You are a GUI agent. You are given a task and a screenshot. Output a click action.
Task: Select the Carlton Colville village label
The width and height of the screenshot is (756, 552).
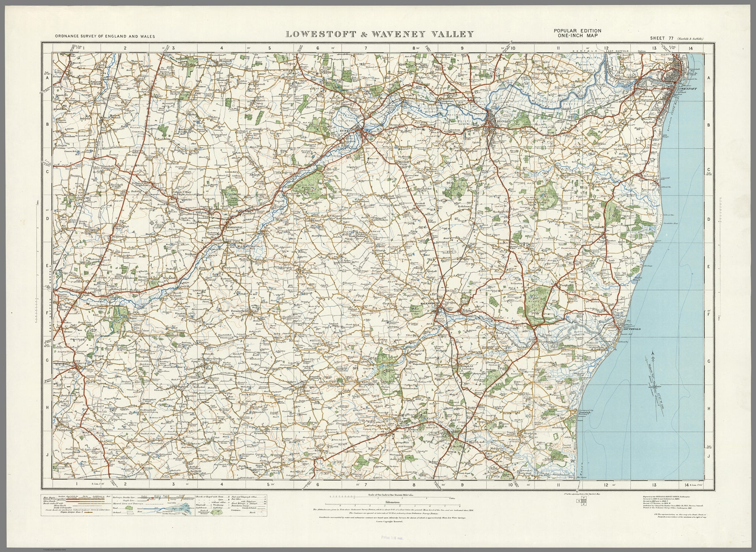coord(622,125)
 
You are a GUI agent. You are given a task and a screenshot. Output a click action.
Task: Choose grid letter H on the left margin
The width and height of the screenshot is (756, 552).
coord(47,409)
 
